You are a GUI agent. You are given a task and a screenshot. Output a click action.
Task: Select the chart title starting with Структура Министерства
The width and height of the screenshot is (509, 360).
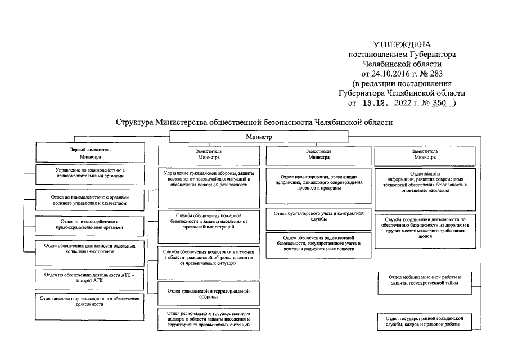coord(254,122)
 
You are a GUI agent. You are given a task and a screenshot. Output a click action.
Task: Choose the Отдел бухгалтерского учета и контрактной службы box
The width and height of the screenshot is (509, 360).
coord(318,217)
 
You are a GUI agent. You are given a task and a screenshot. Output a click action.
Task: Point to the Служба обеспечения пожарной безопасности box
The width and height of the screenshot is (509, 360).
coord(208,221)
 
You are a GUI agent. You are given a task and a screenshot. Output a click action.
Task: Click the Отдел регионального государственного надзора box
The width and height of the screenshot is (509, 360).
coord(208,319)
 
